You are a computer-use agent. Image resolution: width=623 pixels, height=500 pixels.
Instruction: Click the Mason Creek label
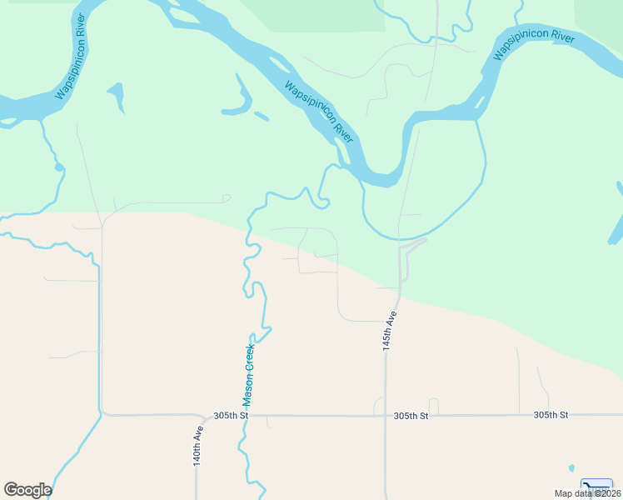tap(248, 376)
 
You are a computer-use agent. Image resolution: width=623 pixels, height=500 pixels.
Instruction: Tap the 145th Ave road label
tap(388, 331)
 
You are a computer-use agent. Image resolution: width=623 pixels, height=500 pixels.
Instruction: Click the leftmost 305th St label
tap(231, 415)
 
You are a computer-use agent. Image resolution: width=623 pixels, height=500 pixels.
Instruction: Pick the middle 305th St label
tap(411, 415)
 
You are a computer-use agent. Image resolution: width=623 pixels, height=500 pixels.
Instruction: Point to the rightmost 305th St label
tap(551, 414)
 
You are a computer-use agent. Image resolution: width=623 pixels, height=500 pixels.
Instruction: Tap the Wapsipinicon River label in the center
tap(319, 112)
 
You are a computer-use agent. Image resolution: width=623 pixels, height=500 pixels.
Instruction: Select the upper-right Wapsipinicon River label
tap(534, 46)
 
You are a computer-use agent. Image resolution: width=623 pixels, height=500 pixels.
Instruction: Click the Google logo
tap(27, 490)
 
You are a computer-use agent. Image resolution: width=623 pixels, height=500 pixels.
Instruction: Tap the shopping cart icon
tap(596, 487)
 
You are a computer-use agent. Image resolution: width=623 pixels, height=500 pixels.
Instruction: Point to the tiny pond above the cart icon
tap(571, 467)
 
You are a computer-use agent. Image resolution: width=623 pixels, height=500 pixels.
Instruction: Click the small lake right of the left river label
tap(117, 93)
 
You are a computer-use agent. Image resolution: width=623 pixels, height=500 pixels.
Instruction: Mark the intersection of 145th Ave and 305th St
tap(386, 415)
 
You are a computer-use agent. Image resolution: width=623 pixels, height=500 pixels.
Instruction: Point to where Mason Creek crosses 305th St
tap(246, 415)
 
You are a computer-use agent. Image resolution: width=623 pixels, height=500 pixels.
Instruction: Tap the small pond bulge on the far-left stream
tap(58, 167)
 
